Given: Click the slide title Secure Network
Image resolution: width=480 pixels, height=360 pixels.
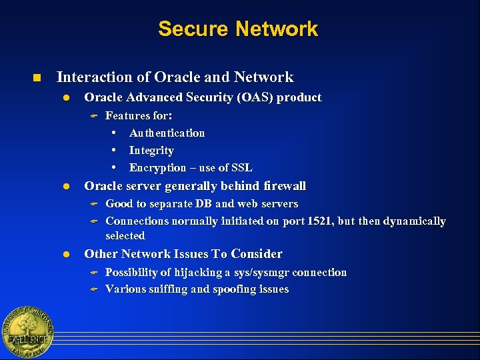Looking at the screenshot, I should coord(238,29).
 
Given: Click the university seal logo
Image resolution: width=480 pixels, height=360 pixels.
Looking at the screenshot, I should coord(27,333).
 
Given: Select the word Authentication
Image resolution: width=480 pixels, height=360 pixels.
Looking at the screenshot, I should coord(167,133).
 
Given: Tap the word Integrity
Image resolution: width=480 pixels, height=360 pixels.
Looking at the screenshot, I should coord(151,151).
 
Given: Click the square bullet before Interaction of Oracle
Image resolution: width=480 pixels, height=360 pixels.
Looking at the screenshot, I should coord(37,78).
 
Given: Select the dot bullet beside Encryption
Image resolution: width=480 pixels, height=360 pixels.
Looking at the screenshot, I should coord(115,167).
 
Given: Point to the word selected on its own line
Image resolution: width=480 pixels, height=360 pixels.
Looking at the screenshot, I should coord(125,236).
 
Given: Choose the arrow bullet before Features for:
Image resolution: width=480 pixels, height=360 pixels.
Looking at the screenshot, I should coord(94,116).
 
